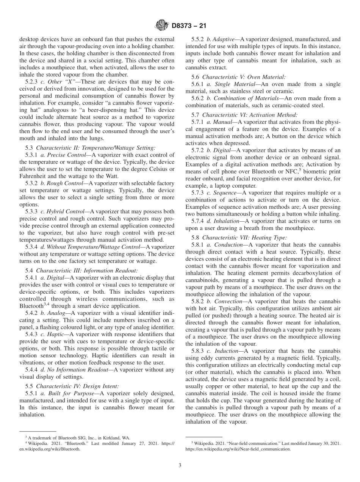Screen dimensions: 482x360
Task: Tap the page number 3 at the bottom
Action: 180,466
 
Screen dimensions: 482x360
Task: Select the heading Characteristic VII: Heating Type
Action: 244,238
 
